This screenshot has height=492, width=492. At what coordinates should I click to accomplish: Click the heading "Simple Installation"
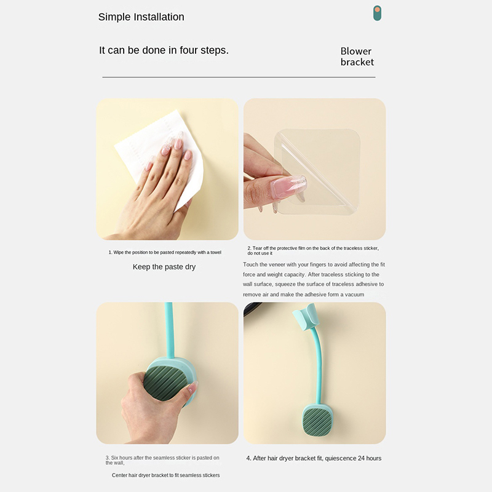(x=141, y=17)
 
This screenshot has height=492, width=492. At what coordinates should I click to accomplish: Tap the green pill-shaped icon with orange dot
(x=377, y=13)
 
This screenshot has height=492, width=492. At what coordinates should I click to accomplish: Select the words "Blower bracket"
(x=357, y=57)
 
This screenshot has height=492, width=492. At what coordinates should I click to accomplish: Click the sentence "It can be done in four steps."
(x=164, y=50)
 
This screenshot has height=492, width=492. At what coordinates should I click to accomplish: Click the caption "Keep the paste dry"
(x=164, y=267)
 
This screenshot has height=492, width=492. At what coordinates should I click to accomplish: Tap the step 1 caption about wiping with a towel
(x=165, y=252)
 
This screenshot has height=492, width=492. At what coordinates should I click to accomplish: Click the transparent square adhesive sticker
(x=317, y=172)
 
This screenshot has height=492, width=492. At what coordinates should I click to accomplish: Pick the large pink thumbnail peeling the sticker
(x=288, y=186)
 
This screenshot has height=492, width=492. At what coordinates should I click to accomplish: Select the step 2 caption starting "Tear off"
(x=313, y=250)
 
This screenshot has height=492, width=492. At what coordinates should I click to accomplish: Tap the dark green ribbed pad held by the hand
(x=165, y=383)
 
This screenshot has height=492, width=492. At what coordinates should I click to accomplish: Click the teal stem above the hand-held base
(x=170, y=330)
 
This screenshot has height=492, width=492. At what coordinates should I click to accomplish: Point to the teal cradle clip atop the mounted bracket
(x=304, y=317)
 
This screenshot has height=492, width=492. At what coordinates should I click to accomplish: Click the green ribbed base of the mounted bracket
(x=317, y=421)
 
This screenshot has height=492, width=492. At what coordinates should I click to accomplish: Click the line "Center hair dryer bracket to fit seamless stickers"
(x=165, y=475)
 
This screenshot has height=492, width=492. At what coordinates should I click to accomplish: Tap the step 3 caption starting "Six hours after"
(x=162, y=460)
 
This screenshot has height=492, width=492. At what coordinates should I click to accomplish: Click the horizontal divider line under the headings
(x=239, y=77)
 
